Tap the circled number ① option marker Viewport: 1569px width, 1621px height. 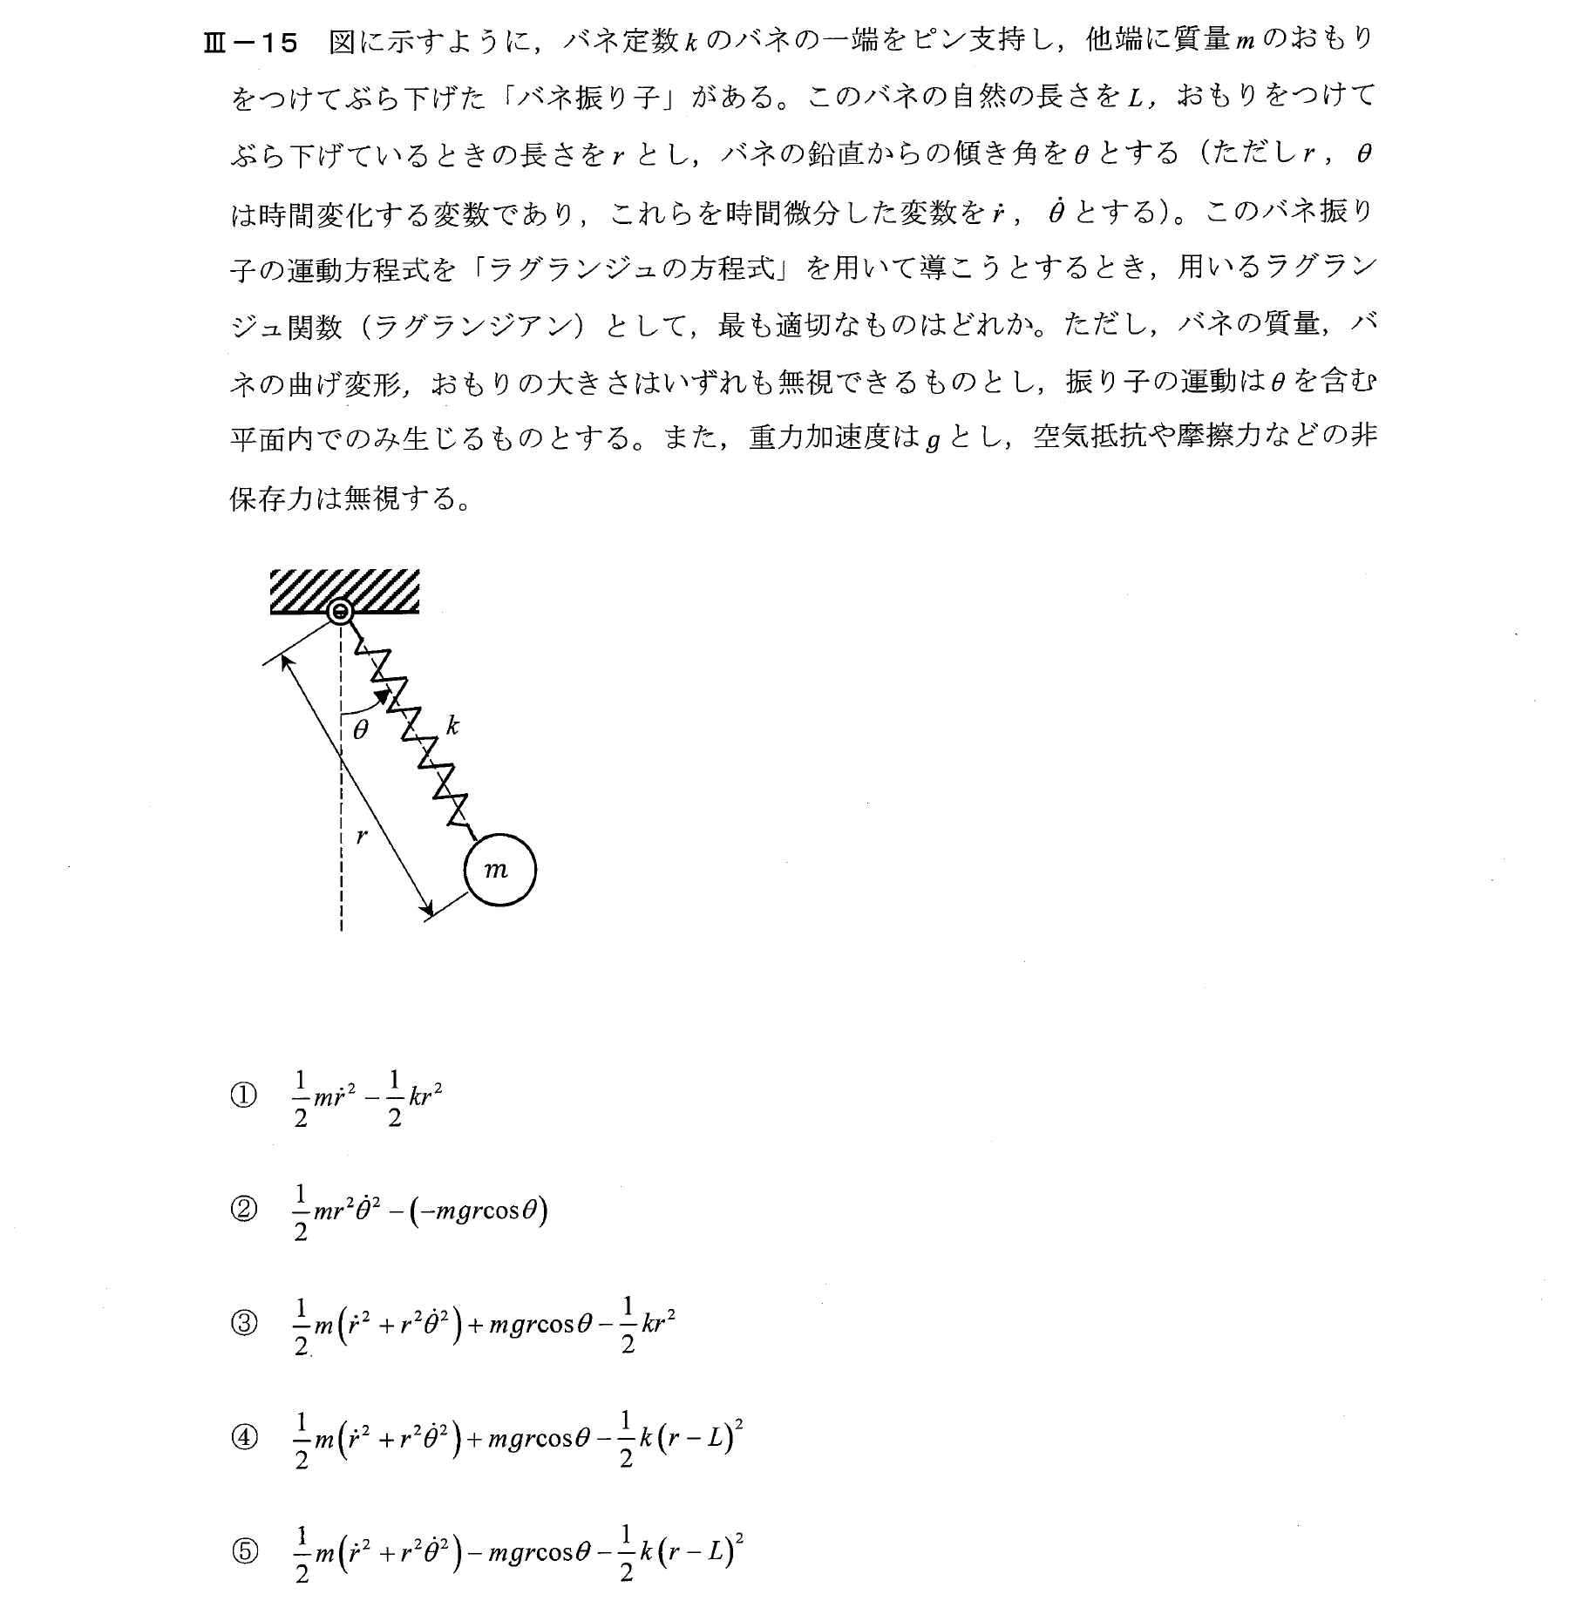pos(245,1095)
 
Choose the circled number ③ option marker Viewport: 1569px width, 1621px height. pos(245,1324)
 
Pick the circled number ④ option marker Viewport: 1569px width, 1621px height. pos(245,1438)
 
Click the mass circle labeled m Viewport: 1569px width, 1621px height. pos(499,869)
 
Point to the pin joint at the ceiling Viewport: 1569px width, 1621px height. pos(339,613)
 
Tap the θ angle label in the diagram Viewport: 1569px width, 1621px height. pos(361,729)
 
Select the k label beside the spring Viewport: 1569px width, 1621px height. pos(452,724)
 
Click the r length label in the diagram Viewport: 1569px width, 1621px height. pos(363,837)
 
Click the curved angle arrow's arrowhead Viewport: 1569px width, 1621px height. pos(382,695)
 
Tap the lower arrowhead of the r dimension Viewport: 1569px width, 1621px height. pos(428,912)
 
